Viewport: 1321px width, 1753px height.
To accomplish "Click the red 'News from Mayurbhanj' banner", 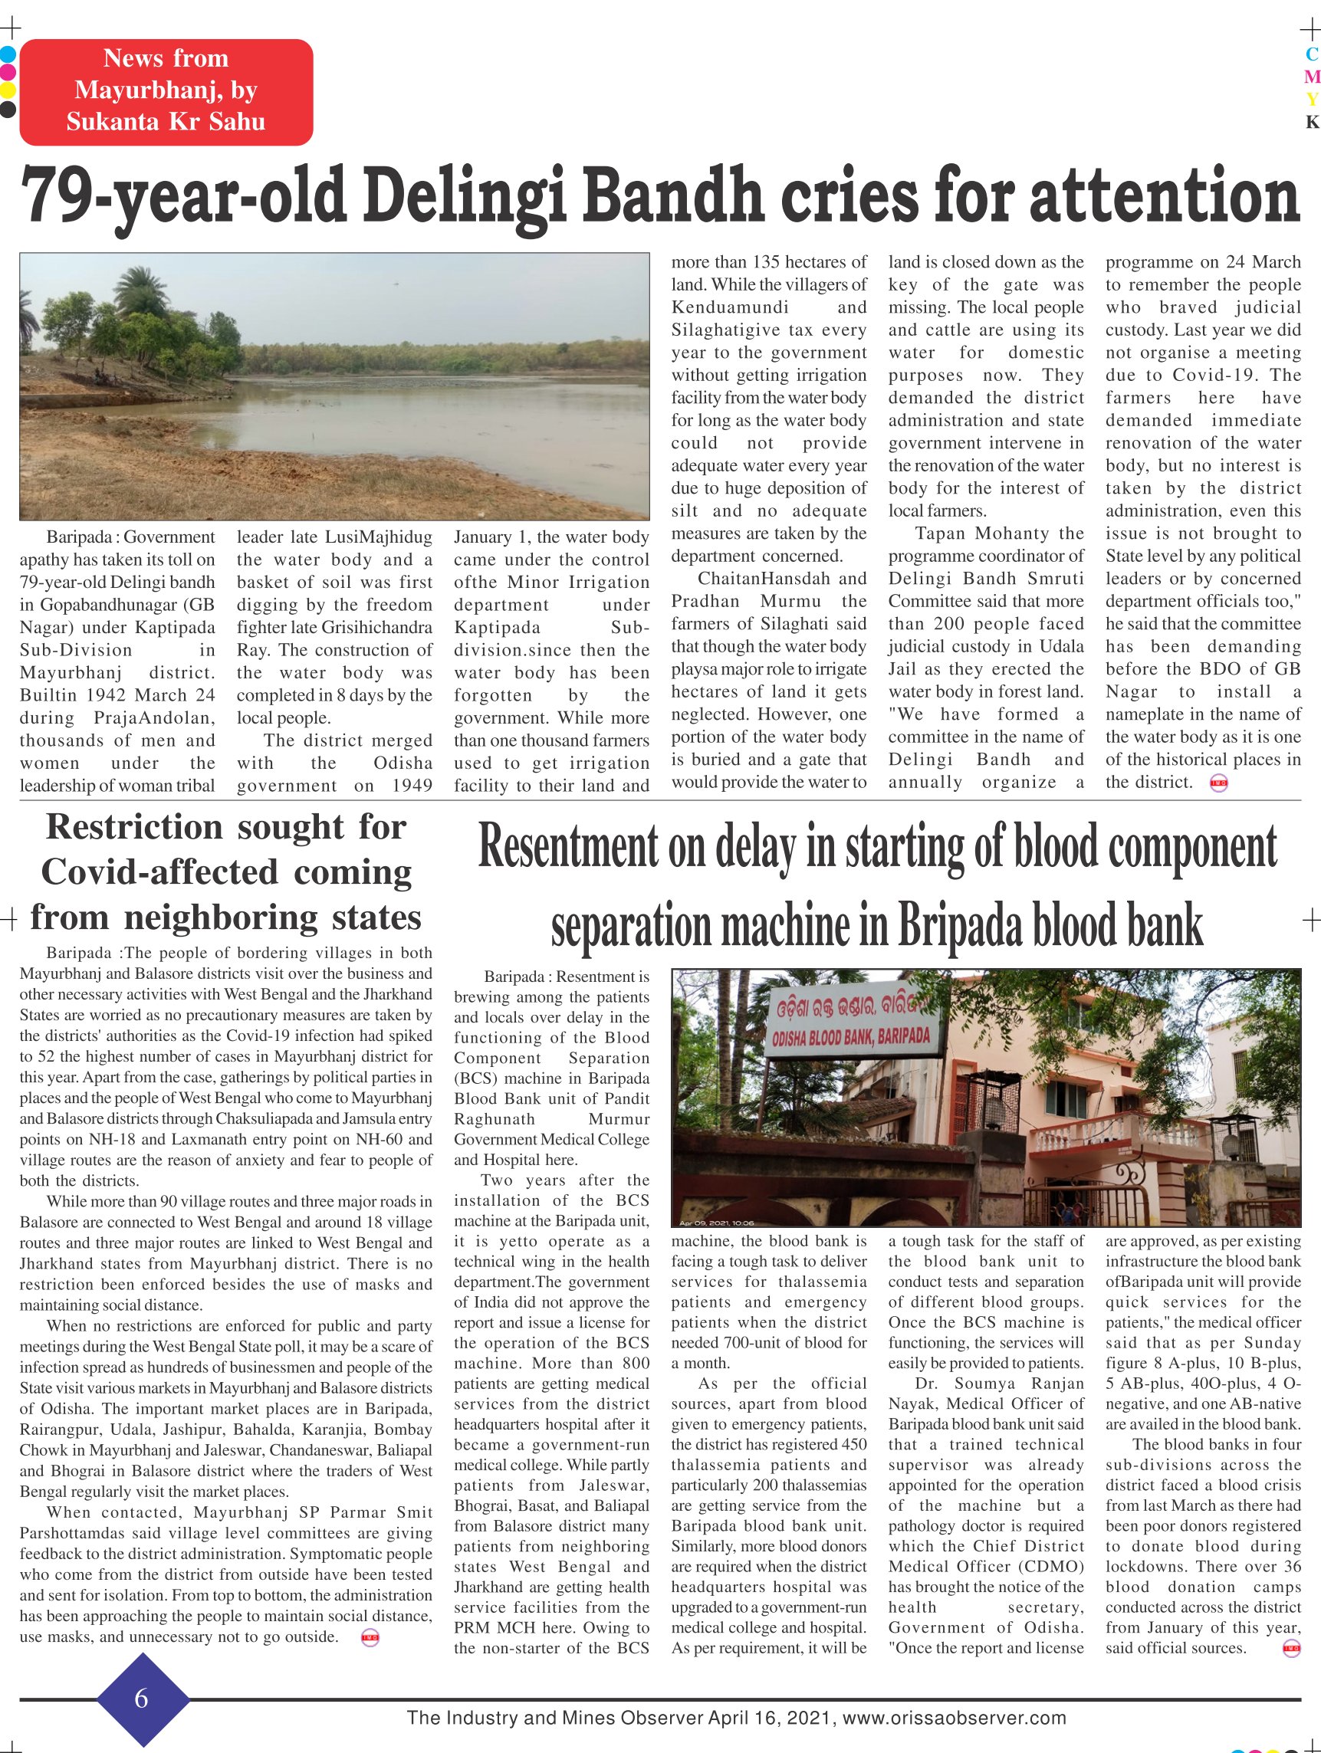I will pyautogui.click(x=166, y=91).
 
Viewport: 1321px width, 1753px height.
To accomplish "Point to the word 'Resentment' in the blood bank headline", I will pyautogui.click(x=567, y=849).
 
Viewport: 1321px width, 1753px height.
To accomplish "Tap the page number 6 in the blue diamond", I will pyautogui.click(x=142, y=1699).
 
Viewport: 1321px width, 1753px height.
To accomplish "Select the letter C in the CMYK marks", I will pyautogui.click(x=1312, y=54).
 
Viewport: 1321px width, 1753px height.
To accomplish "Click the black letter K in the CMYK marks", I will pyautogui.click(x=1312, y=122).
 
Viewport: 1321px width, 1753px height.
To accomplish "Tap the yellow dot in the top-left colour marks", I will pyautogui.click(x=8, y=90).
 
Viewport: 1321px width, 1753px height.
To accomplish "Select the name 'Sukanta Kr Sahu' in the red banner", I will pyautogui.click(x=166, y=122).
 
